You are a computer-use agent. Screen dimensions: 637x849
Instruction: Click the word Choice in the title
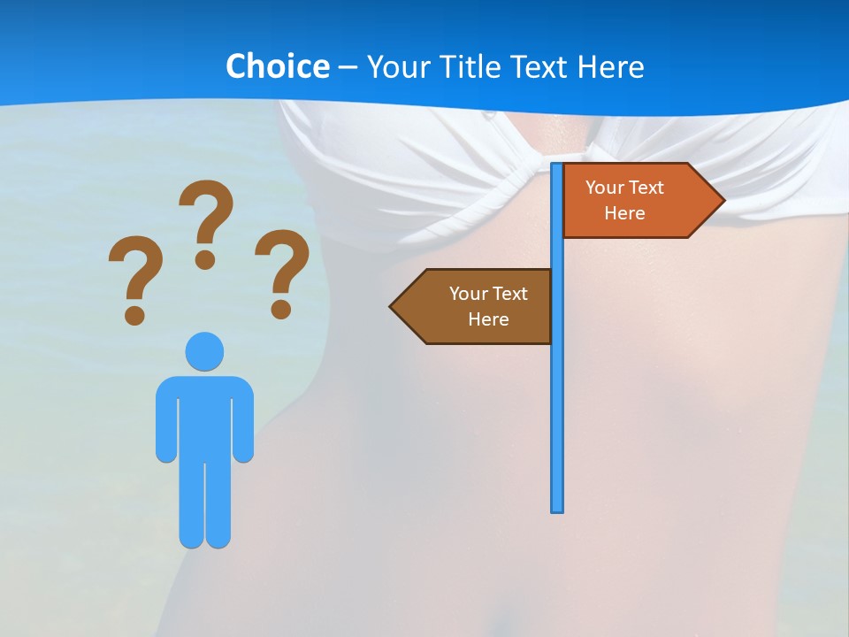[x=277, y=66]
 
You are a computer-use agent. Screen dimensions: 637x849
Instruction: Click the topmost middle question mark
[x=206, y=217]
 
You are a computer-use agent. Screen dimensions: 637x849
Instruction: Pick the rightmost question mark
[x=282, y=265]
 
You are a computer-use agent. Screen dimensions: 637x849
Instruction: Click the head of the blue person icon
[x=204, y=351]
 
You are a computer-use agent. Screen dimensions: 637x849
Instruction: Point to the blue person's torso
[x=204, y=416]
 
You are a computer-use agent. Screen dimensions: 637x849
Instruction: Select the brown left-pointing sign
[x=478, y=306]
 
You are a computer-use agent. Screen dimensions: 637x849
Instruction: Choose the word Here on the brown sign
[x=488, y=319]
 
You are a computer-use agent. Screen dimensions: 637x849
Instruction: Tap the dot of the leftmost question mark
[x=134, y=314]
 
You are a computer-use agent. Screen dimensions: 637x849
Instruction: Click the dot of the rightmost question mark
[x=281, y=309]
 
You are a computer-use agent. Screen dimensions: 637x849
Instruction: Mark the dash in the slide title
[x=348, y=67]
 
